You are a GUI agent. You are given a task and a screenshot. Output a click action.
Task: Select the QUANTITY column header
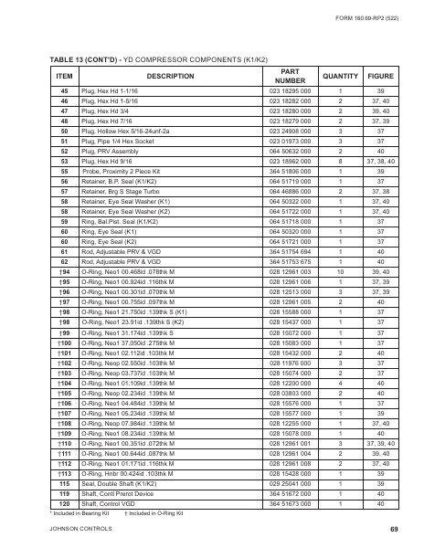pos(340,76)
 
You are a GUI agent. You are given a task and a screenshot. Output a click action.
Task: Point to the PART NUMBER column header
pos(289,76)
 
